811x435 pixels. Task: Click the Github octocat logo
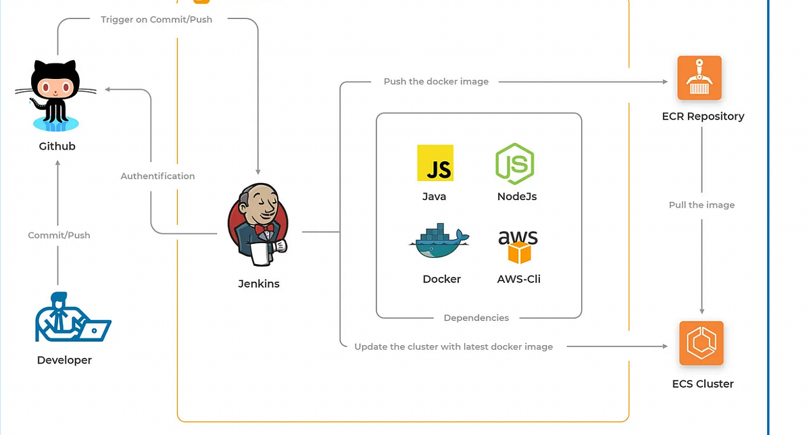click(56, 95)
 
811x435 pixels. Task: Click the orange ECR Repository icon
click(699, 78)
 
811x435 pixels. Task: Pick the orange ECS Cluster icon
click(701, 343)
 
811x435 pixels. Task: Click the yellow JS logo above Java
click(435, 163)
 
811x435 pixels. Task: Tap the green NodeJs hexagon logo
click(515, 163)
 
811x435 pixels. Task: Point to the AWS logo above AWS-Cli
click(518, 246)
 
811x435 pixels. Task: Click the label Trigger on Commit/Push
click(156, 20)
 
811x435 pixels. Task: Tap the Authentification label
click(157, 176)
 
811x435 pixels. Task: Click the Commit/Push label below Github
click(59, 235)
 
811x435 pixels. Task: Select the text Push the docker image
click(436, 82)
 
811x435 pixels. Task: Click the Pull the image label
click(702, 205)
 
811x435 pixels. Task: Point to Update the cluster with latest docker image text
click(453, 347)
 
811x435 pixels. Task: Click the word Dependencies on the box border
click(476, 317)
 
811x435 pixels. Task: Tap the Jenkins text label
click(258, 284)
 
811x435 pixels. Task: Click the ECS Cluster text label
click(702, 384)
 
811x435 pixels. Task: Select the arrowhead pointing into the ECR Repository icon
click(664, 82)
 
